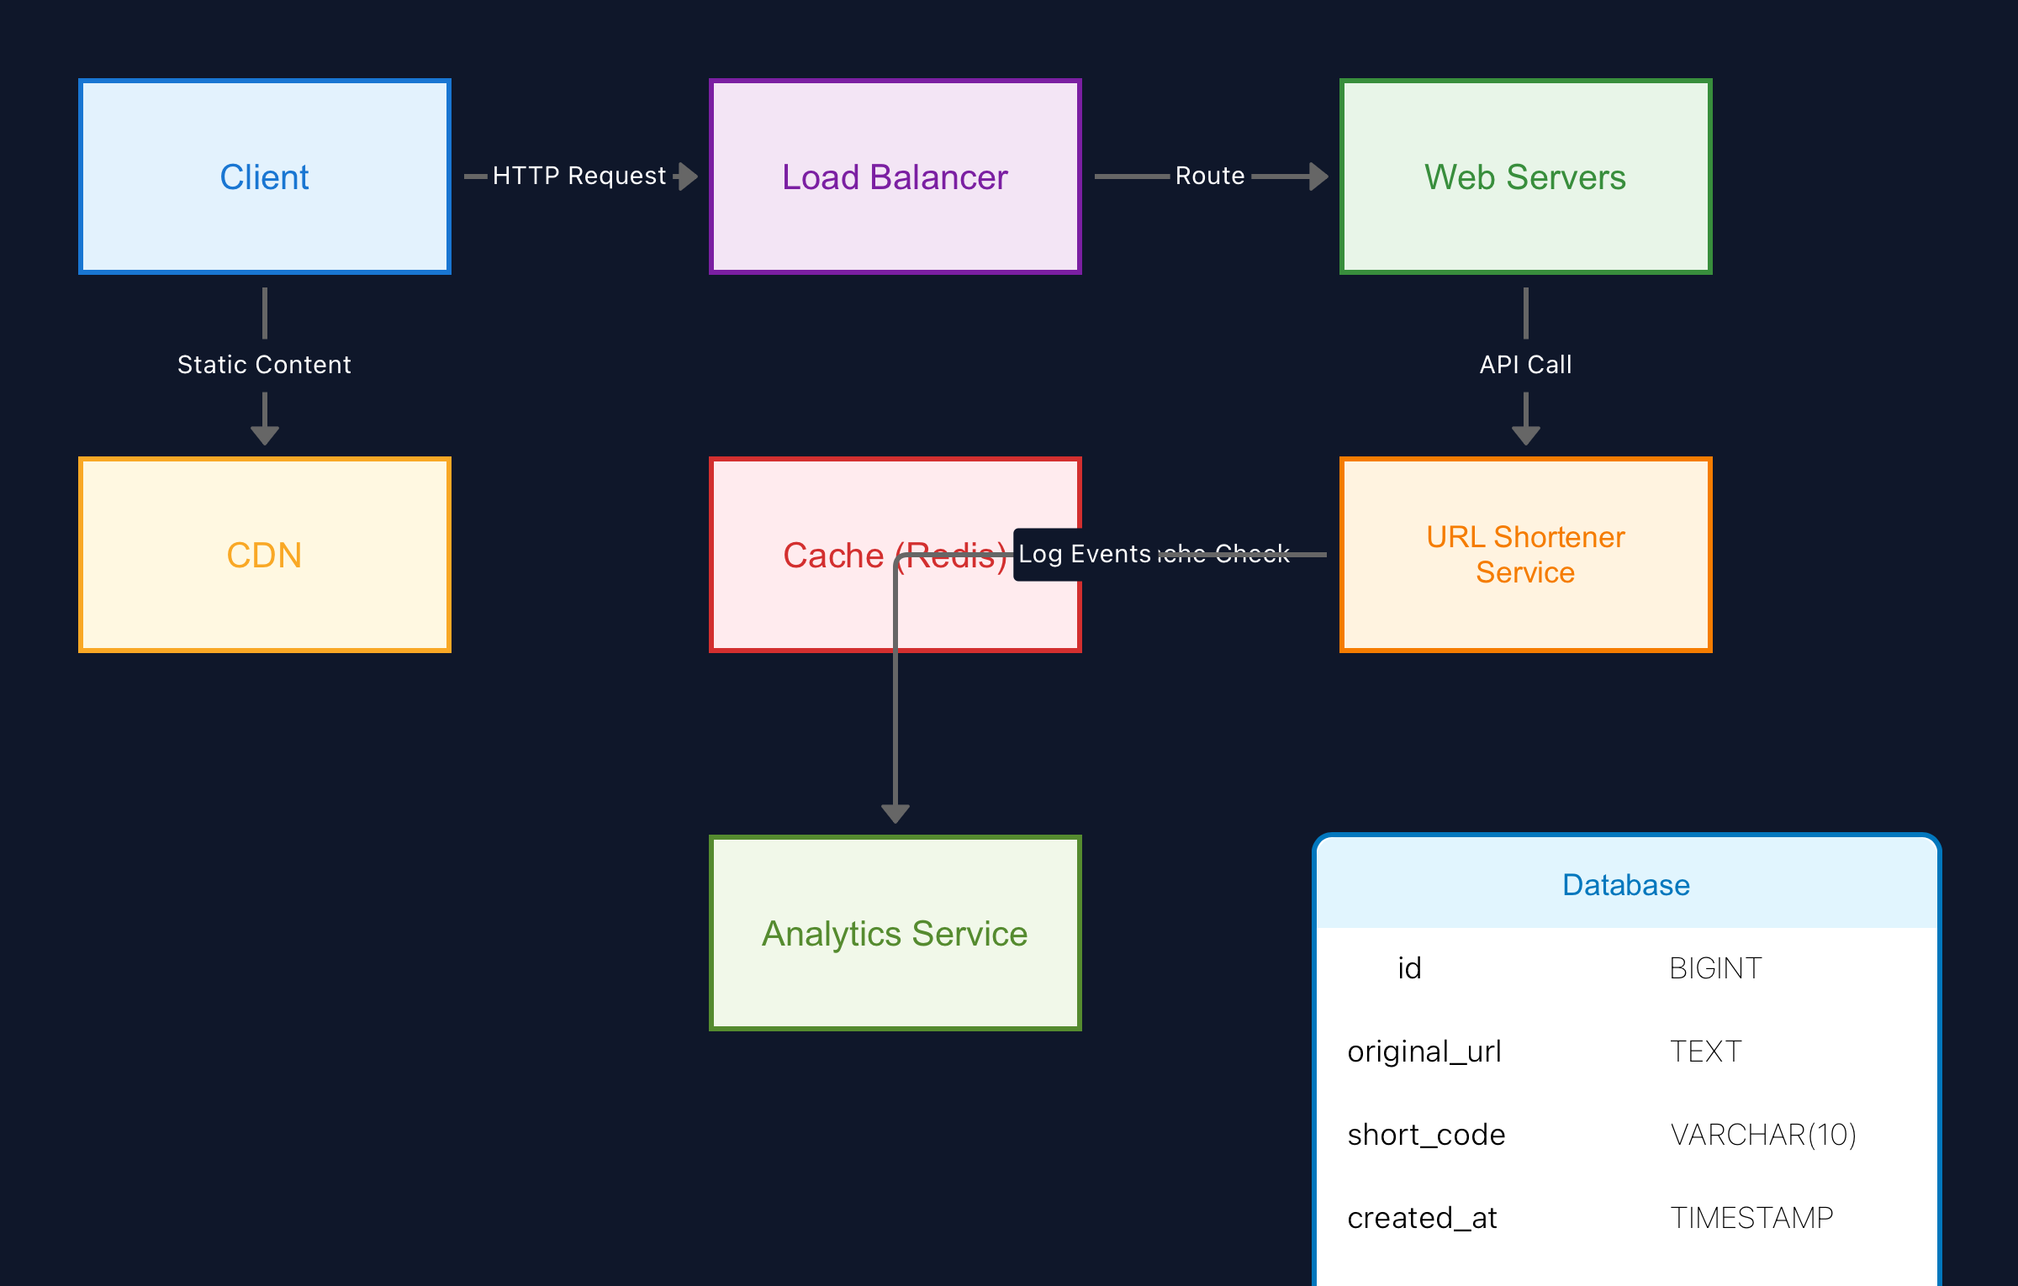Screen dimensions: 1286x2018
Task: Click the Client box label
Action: pyautogui.click(x=264, y=177)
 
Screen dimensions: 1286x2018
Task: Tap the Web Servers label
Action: pyautogui.click(x=1524, y=177)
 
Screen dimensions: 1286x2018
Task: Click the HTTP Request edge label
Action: pyautogui.click(x=578, y=176)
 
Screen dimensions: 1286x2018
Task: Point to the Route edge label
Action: pyautogui.click(x=1209, y=176)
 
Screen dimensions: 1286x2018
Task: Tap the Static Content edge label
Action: pyautogui.click(x=264, y=365)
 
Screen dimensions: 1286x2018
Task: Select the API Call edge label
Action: pyautogui.click(x=1525, y=365)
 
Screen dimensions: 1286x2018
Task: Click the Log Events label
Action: pyautogui.click(x=1084, y=554)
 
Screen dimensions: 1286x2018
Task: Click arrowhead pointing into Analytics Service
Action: pyautogui.click(x=895, y=814)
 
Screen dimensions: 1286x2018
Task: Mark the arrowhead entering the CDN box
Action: pyautogui.click(x=264, y=435)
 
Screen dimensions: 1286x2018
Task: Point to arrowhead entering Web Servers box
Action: pyautogui.click(x=1318, y=177)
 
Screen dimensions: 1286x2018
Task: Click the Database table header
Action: pyautogui.click(x=1625, y=884)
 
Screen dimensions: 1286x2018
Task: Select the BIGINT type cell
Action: pyautogui.click(x=1714, y=968)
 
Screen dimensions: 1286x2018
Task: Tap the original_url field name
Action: pyautogui.click(x=1424, y=1051)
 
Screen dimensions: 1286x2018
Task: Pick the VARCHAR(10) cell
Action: pyautogui.click(x=1762, y=1135)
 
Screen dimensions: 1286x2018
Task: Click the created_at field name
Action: pyautogui.click(x=1422, y=1218)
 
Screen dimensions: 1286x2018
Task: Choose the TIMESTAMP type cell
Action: pyautogui.click(x=1751, y=1218)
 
